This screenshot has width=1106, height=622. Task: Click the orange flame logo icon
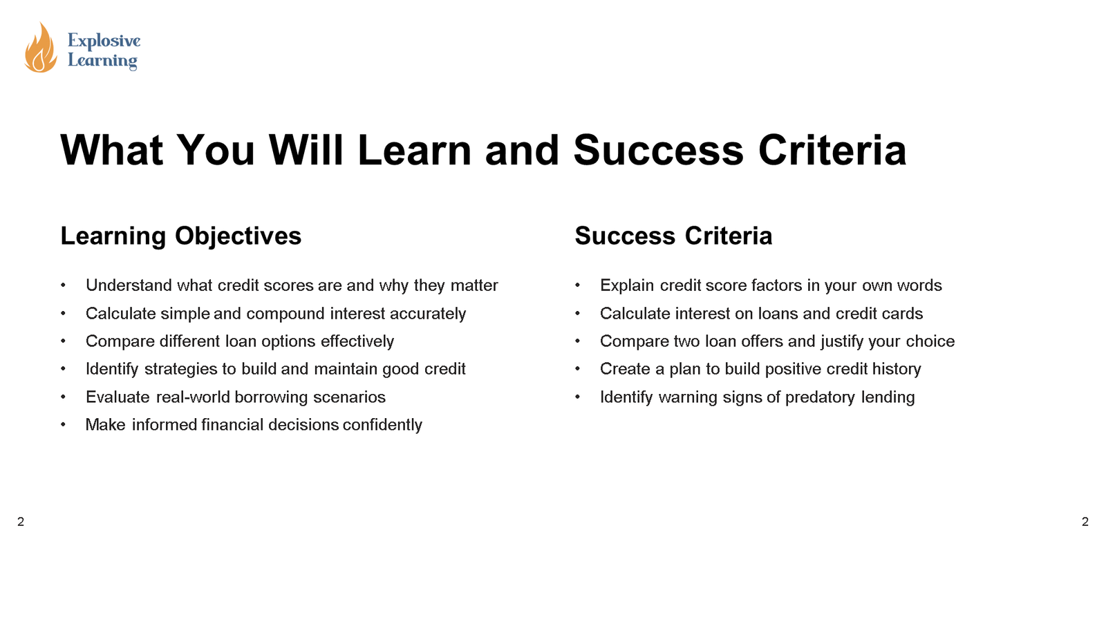pyautogui.click(x=41, y=48)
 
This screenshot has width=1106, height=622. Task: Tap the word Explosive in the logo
pyautogui.click(x=104, y=41)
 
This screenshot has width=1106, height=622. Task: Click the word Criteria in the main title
pyautogui.click(x=832, y=150)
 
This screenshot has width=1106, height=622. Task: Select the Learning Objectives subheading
pyautogui.click(x=181, y=236)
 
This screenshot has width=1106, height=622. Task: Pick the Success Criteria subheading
pyautogui.click(x=673, y=236)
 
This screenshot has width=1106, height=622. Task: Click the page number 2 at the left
pyautogui.click(x=21, y=522)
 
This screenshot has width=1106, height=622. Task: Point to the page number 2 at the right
pyautogui.click(x=1085, y=522)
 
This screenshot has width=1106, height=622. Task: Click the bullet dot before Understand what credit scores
pyautogui.click(x=63, y=285)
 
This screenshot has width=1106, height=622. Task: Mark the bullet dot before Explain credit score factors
pyautogui.click(x=577, y=285)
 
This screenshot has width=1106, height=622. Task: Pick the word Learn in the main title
pyautogui.click(x=414, y=150)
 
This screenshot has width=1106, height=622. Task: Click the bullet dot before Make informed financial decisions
pyautogui.click(x=63, y=425)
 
